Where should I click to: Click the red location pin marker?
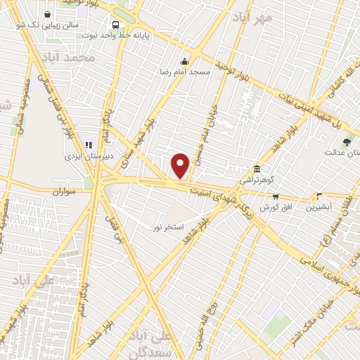pos(181,165)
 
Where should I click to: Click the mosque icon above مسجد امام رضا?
pos(185,61)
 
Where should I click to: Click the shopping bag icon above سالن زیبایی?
pos(47,14)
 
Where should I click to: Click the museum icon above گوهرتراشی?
pos(257,169)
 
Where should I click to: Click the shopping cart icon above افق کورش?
pos(276,197)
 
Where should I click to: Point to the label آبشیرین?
pos(320,207)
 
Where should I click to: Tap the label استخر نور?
pos(169,227)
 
